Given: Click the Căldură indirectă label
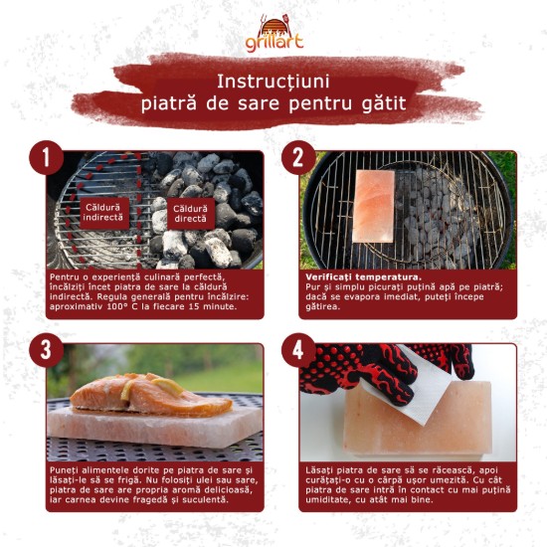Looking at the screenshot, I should tap(108, 213).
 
